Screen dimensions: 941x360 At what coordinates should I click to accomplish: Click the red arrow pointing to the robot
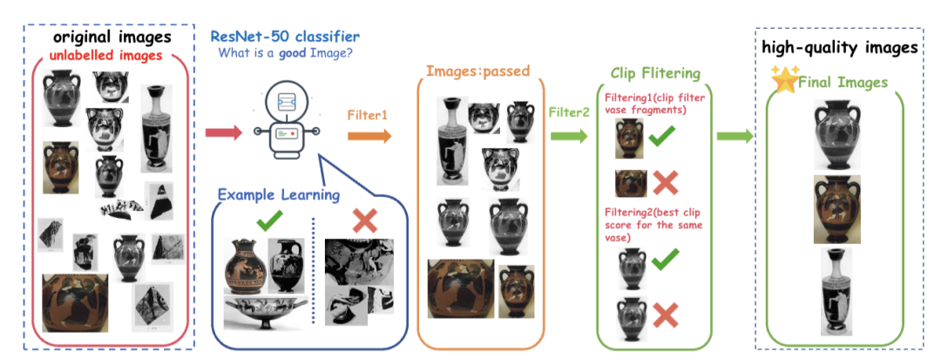[x=223, y=132]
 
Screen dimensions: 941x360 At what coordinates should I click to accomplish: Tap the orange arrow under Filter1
[x=369, y=136]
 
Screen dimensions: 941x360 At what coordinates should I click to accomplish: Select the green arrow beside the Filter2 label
[x=568, y=136]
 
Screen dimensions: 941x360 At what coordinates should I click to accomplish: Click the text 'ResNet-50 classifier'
[x=285, y=36]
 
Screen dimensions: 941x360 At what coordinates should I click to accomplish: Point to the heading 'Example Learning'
[x=279, y=195]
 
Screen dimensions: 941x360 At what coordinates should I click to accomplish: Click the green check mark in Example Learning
[x=270, y=224]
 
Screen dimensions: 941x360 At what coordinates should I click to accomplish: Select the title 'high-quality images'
[x=840, y=47]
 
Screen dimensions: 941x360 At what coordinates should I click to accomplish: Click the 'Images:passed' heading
[x=477, y=71]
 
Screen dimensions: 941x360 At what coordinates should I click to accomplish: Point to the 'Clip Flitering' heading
[x=654, y=73]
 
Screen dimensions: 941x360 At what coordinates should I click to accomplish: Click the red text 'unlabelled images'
[x=106, y=55]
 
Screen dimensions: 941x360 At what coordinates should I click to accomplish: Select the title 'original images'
[x=112, y=37]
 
